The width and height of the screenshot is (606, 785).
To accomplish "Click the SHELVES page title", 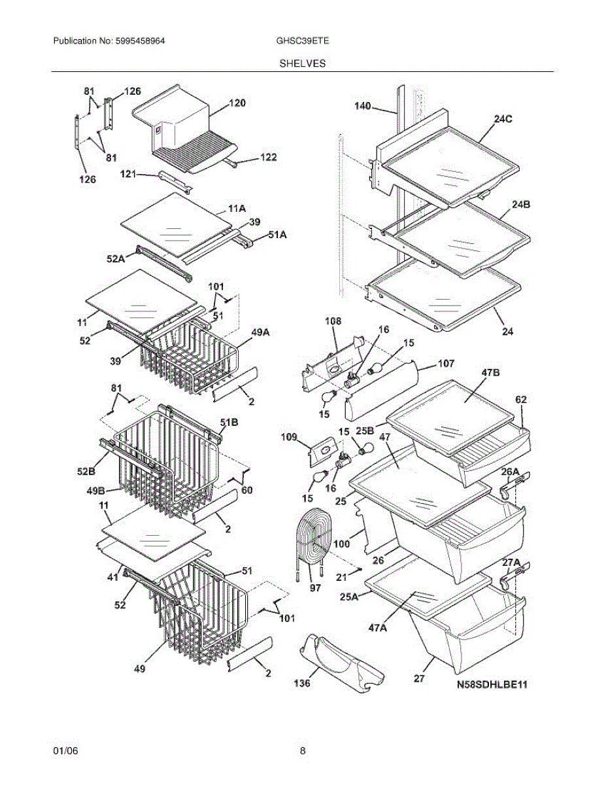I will [x=303, y=63].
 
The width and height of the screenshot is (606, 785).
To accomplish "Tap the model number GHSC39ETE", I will [x=303, y=41].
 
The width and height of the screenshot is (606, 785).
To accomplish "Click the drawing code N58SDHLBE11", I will [x=492, y=685].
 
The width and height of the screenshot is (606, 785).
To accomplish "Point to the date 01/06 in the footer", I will [x=65, y=751].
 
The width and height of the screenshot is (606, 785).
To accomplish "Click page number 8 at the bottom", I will [x=303, y=751].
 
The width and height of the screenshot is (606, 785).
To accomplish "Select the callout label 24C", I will [x=503, y=119].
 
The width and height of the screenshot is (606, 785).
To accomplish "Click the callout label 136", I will [x=301, y=683].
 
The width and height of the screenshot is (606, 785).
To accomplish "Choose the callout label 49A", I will [x=261, y=332].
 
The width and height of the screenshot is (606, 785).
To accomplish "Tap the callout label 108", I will [x=334, y=321].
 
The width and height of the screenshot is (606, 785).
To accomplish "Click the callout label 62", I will [x=521, y=399].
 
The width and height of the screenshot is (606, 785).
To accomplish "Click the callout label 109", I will [x=288, y=436].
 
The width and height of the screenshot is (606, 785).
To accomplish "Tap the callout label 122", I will [x=268, y=157].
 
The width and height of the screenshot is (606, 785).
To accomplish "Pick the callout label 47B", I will [x=491, y=372].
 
